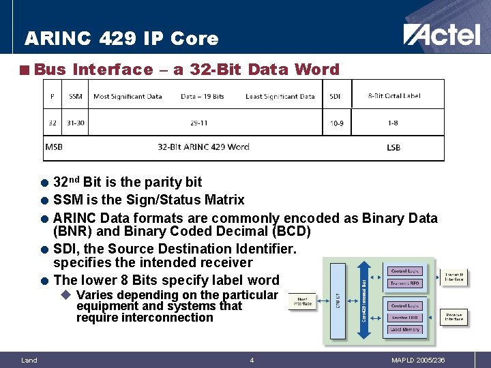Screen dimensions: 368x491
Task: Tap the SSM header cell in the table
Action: click(75, 96)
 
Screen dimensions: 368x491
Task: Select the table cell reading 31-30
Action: click(75, 123)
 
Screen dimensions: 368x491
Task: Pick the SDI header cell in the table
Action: click(336, 96)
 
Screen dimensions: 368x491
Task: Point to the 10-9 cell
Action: click(336, 123)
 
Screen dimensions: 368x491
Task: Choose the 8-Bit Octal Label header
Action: click(394, 96)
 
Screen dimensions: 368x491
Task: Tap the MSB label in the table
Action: click(54, 147)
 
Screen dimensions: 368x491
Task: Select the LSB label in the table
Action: click(393, 147)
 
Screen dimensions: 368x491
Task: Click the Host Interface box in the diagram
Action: click(302, 301)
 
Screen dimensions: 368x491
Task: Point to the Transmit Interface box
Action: click(454, 276)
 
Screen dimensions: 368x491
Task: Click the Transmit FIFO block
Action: click(404, 283)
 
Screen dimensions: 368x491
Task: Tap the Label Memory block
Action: click(404, 329)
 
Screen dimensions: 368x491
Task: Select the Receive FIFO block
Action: click(404, 318)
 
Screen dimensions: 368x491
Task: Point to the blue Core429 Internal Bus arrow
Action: click(364, 300)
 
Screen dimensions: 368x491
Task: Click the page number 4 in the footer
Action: click(251, 360)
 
